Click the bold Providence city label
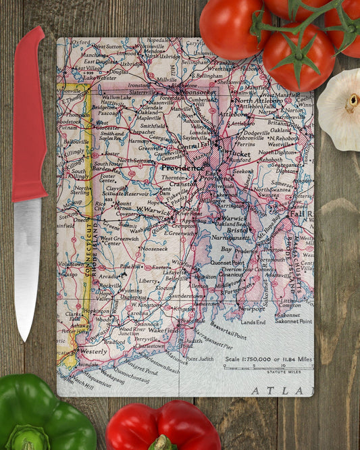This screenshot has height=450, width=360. (x=182, y=168)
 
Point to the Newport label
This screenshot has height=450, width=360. (x=253, y=307)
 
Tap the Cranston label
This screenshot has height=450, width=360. (x=182, y=183)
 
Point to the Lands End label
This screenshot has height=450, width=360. (x=253, y=323)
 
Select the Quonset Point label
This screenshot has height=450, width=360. (x=227, y=263)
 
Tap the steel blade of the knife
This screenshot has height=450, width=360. (x=26, y=264)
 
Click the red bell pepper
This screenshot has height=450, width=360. (x=162, y=426)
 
